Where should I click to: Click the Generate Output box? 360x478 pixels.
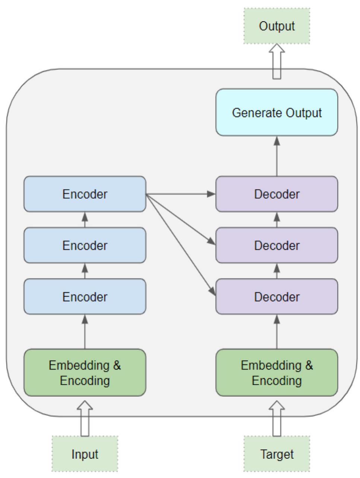[x=277, y=112]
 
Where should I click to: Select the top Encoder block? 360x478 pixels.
[x=85, y=194]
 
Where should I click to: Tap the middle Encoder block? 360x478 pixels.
[x=85, y=245]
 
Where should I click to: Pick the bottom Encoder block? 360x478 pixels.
[x=85, y=296]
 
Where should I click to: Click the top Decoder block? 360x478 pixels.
[x=277, y=194]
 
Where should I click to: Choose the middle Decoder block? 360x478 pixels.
[x=277, y=245]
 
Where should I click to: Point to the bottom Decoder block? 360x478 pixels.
[x=277, y=296]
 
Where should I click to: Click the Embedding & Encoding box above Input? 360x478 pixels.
[x=85, y=372]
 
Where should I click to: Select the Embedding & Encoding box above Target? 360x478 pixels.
[x=277, y=372]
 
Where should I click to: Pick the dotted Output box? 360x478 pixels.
[x=277, y=26]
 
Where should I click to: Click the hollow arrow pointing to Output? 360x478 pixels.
[x=277, y=61]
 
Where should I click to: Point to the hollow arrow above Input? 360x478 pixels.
[x=85, y=418]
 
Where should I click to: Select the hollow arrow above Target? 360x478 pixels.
[x=277, y=418]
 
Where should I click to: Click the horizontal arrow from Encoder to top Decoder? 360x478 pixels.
[x=181, y=194]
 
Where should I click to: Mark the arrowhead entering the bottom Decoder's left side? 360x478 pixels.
[x=212, y=291]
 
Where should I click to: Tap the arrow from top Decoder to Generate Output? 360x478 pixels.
[x=277, y=156]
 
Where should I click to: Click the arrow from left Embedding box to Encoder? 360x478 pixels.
[x=85, y=331]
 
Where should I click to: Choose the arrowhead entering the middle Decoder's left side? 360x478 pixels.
[x=211, y=241]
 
